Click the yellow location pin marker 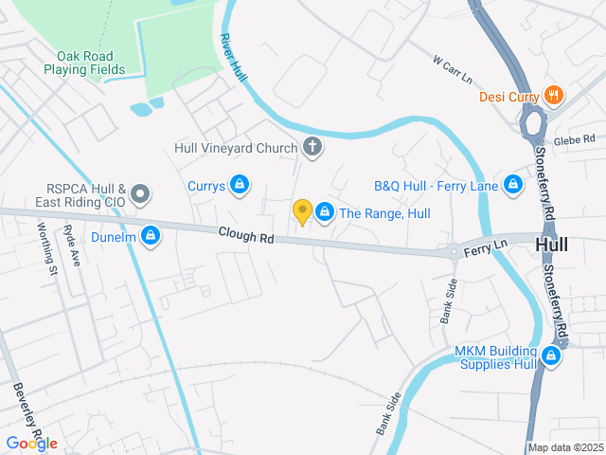(x=302, y=212)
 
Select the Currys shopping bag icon (x=241, y=184)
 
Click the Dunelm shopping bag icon (x=151, y=235)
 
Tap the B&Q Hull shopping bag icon (x=513, y=184)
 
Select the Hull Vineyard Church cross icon (x=312, y=147)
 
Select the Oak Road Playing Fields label (x=91, y=63)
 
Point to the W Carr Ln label (x=453, y=69)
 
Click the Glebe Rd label (x=577, y=138)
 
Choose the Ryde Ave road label (x=72, y=246)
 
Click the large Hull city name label (x=552, y=245)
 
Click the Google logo (x=31, y=443)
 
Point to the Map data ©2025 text (x=564, y=447)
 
